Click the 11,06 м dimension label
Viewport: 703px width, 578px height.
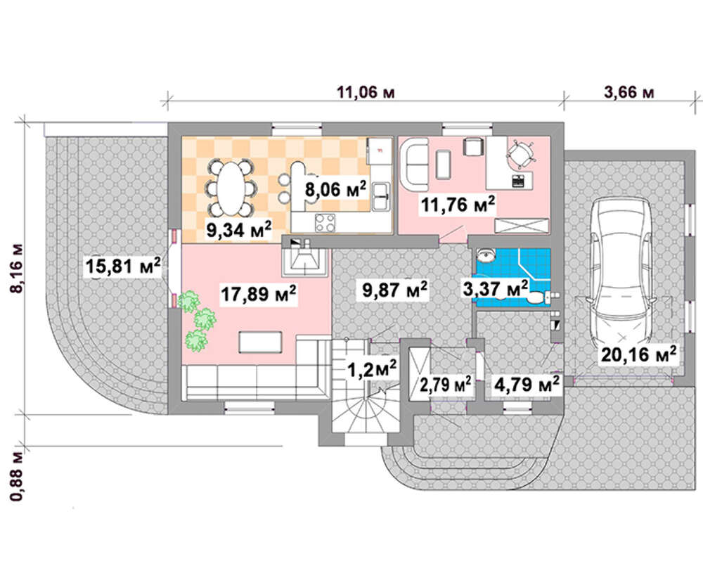(x=366, y=92)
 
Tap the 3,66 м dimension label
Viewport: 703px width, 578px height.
(x=629, y=92)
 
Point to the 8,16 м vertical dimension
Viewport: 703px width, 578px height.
(x=18, y=269)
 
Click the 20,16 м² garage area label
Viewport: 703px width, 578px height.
(x=638, y=354)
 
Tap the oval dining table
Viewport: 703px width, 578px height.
(x=232, y=189)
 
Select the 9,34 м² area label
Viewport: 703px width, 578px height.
(x=238, y=230)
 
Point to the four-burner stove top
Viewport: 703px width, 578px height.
(x=325, y=223)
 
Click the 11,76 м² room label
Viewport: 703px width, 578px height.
(x=458, y=205)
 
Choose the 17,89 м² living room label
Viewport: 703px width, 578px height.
(x=258, y=294)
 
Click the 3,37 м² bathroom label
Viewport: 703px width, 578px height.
(x=496, y=288)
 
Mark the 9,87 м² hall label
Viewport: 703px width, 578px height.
(x=394, y=289)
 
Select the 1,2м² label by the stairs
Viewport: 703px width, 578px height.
(x=372, y=368)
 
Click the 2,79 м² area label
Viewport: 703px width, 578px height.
(x=445, y=384)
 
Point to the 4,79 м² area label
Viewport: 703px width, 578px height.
(x=527, y=384)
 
